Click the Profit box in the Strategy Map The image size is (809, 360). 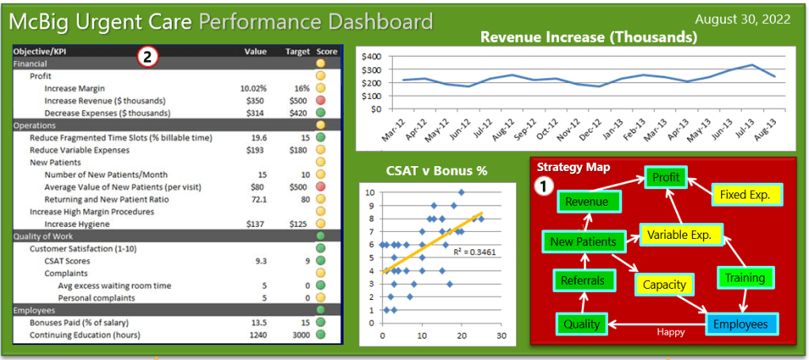click(666, 177)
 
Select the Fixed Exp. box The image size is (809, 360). click(745, 194)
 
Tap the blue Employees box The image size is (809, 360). click(740, 324)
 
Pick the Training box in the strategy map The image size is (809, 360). click(745, 278)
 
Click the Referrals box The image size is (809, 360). click(582, 280)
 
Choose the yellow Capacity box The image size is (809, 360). click(663, 285)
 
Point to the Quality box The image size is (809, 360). click(582, 324)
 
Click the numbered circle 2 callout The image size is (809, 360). click(149, 56)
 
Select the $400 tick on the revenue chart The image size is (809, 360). click(370, 57)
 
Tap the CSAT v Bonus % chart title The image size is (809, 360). click(436, 170)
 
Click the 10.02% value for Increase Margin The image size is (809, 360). click(253, 89)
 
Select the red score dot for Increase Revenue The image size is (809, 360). click(321, 100)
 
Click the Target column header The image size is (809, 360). click(298, 51)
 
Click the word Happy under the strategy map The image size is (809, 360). click(671, 332)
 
